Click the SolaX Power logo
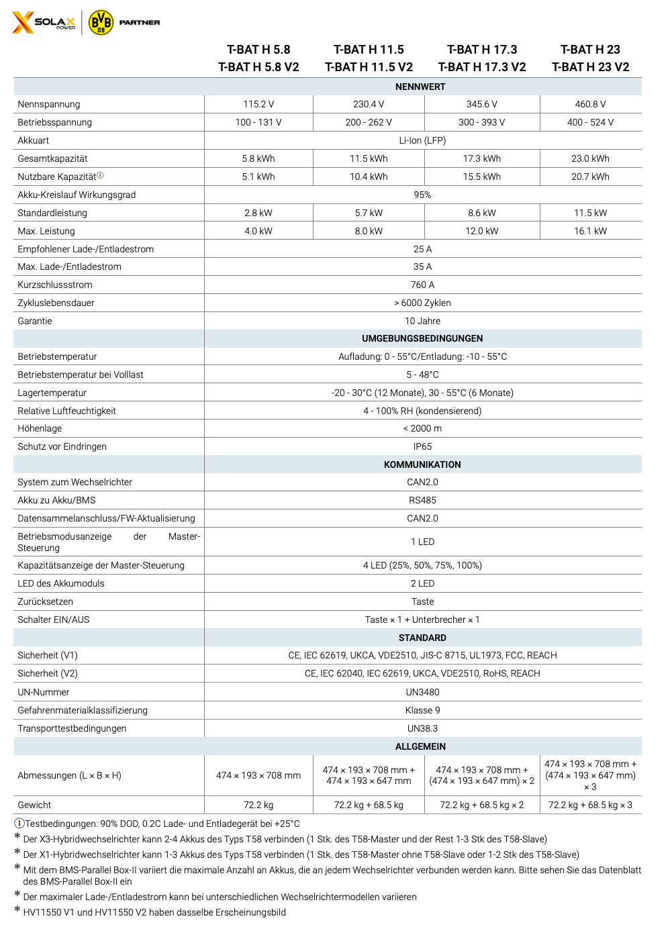[x=44, y=22]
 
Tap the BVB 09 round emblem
[x=101, y=22]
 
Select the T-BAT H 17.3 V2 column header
[x=482, y=67]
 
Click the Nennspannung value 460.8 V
[x=590, y=104]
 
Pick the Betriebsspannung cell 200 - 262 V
[x=369, y=122]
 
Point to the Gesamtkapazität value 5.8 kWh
[x=258, y=158]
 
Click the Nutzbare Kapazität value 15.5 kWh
[x=482, y=177]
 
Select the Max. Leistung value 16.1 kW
[x=590, y=231]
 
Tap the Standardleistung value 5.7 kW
[x=369, y=213]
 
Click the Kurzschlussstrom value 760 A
[x=422, y=285]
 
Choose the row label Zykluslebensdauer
[x=56, y=303]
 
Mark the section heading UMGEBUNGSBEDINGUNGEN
[x=422, y=338]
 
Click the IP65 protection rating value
[x=422, y=446]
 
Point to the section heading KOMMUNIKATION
[x=422, y=464]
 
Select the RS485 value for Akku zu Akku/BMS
[x=422, y=500]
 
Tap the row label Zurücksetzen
[x=45, y=601]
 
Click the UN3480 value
[x=422, y=692]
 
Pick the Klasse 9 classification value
[x=422, y=710]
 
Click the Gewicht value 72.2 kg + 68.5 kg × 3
[x=590, y=805]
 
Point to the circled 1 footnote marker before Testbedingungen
[x=19, y=824]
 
